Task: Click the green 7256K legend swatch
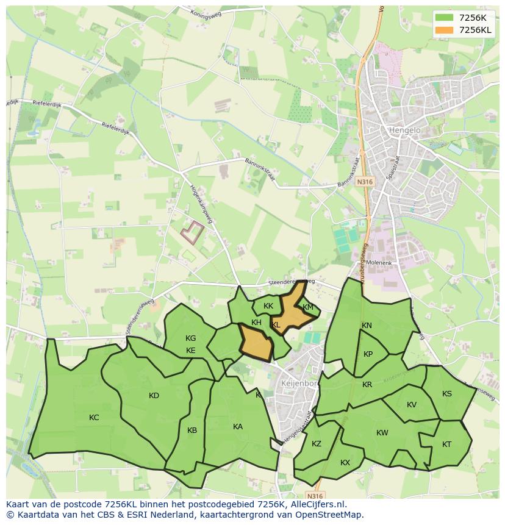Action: [444, 18]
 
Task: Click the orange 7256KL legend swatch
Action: [444, 30]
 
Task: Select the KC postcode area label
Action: [94, 418]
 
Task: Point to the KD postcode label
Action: [154, 396]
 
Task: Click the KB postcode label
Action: [192, 430]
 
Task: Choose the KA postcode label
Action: [238, 427]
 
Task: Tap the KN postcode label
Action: [367, 326]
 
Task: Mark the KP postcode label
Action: [368, 354]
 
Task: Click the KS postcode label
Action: [447, 394]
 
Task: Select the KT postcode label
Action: [446, 445]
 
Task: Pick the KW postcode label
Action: [382, 434]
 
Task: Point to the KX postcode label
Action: [345, 463]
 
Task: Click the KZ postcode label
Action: [316, 444]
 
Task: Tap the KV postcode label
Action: [412, 405]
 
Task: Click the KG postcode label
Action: [191, 338]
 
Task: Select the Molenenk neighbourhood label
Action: [379, 263]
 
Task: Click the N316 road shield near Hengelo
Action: [365, 182]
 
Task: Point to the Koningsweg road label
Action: [206, 14]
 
